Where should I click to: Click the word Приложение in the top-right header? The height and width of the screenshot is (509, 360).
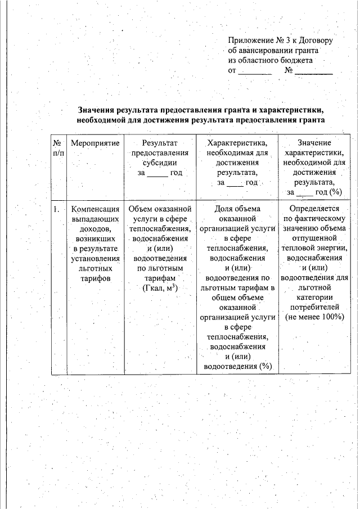[249, 40]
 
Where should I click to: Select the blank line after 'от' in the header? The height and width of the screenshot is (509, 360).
[255, 72]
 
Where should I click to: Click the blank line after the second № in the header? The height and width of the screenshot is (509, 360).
[314, 72]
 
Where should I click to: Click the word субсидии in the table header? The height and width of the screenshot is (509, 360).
[160, 163]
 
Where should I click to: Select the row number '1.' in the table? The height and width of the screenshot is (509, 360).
[57, 209]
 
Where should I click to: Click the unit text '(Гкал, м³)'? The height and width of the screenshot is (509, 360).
[160, 289]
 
